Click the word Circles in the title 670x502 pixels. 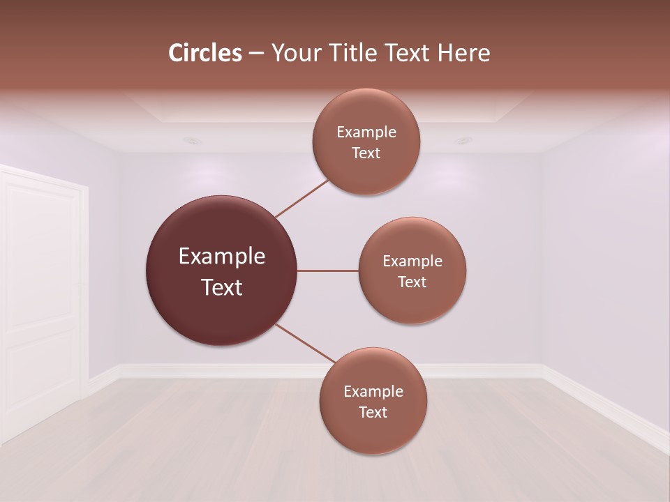tap(205, 53)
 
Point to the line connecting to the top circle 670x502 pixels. tap(301, 198)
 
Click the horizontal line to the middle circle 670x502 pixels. tap(328, 271)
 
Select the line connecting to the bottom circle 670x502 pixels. tap(304, 343)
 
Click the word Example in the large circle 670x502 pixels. tap(222, 257)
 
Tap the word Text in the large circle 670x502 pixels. tap(222, 287)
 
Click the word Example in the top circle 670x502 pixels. tap(366, 132)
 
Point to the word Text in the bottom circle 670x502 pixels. tap(373, 412)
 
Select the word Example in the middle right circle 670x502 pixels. tap(412, 261)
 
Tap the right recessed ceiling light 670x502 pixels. tap(463, 141)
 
